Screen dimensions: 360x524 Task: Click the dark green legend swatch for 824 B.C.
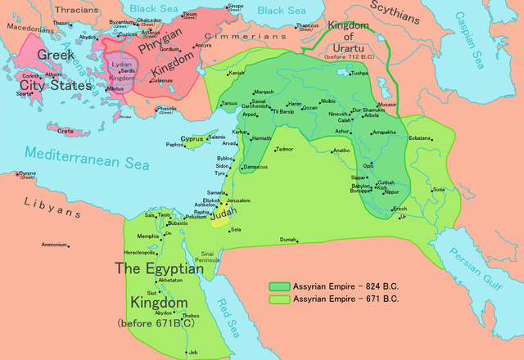pyautogui.click(x=281, y=286)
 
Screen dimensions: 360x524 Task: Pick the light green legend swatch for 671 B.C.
pyautogui.click(x=281, y=299)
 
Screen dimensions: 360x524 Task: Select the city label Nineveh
pyautogui.click(x=338, y=114)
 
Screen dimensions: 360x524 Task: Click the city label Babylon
pyautogui.click(x=360, y=186)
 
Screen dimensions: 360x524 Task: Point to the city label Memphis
pyautogui.click(x=148, y=236)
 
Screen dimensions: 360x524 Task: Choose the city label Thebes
pyautogui.click(x=190, y=316)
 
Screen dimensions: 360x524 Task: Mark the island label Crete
pyautogui.click(x=66, y=130)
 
